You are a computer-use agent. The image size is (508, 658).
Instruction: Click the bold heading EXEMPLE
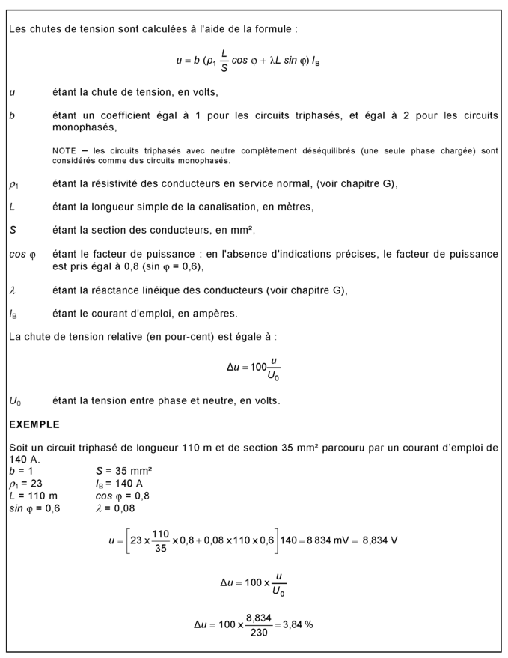(x=34, y=425)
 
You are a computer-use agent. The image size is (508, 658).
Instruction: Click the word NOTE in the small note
(x=65, y=151)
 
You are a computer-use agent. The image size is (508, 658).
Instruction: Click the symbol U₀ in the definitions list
(x=16, y=401)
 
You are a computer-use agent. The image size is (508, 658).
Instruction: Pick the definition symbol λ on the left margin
(x=11, y=290)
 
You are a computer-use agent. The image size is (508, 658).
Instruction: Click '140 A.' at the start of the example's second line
(x=22, y=459)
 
